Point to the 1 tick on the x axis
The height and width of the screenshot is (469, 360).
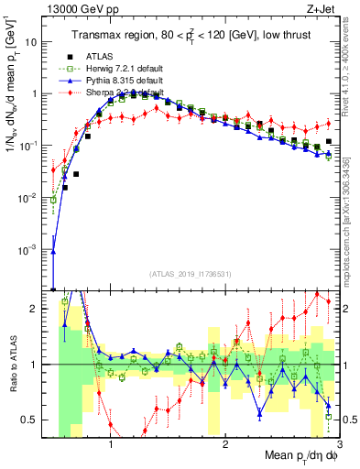click(111, 444)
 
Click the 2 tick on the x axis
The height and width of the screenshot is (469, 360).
click(225, 444)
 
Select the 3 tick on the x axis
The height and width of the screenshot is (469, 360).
click(339, 444)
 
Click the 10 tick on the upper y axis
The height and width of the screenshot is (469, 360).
click(31, 42)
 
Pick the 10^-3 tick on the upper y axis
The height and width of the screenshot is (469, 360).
click(29, 249)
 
